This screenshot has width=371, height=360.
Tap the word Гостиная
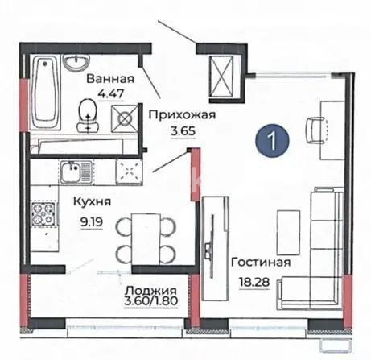(258, 263)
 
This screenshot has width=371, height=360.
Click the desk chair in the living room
(315, 126)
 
